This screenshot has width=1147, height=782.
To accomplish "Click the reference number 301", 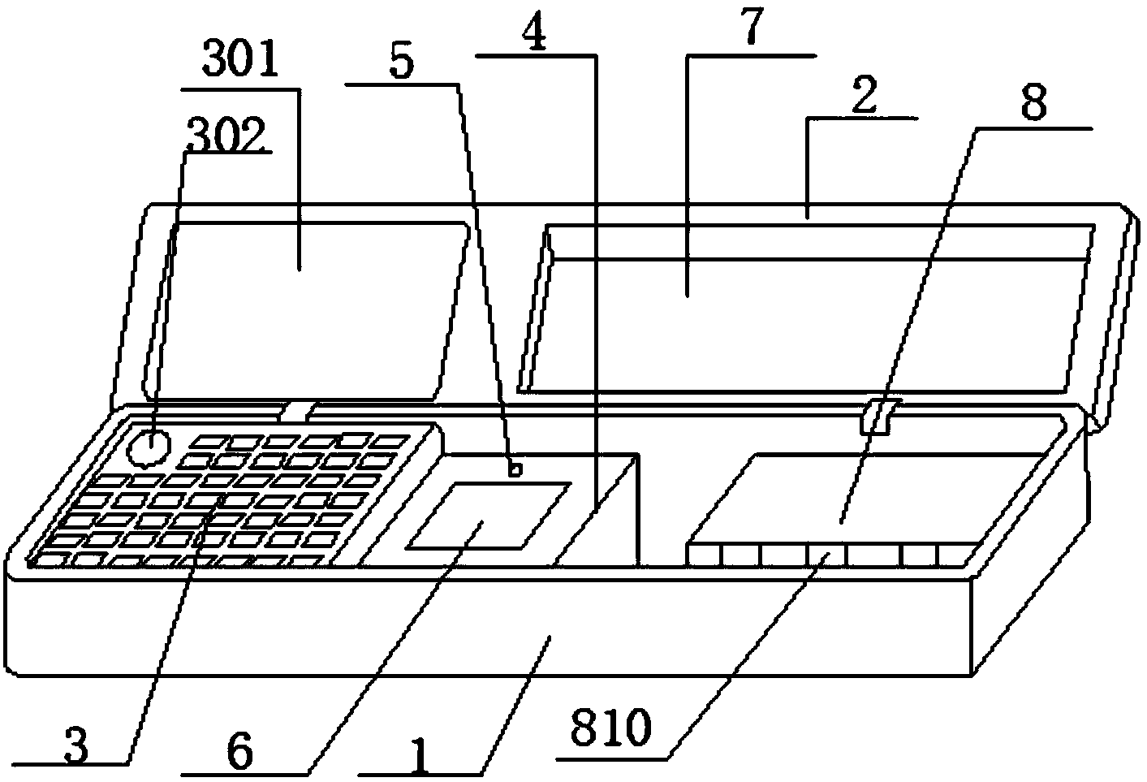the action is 242,63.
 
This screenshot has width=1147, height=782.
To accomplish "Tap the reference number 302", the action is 226,138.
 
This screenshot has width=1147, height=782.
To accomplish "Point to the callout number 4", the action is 535,34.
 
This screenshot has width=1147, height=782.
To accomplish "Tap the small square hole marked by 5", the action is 513,469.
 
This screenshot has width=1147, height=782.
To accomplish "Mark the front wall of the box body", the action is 487,625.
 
